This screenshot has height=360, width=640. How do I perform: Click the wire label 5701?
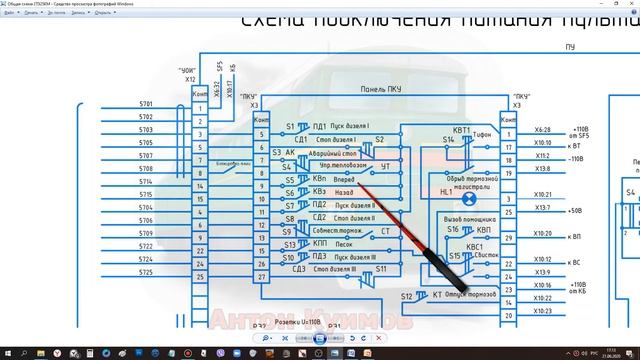coord(146,104)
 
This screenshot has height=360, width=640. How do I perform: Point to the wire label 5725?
coord(146,272)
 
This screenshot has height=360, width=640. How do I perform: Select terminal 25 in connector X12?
coord(201,276)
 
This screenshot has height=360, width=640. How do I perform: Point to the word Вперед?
coord(343,179)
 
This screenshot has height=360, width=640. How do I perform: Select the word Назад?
coord(344,192)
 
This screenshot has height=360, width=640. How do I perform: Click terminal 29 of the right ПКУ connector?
coord(510,238)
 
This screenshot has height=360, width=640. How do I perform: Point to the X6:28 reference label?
coord(542,129)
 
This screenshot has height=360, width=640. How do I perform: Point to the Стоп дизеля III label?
coord(337,269)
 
